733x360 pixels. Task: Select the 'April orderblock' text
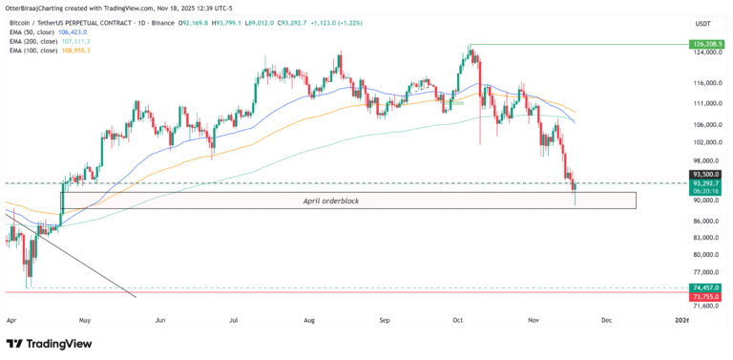[331, 201]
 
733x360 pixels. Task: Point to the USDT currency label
[703, 23]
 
